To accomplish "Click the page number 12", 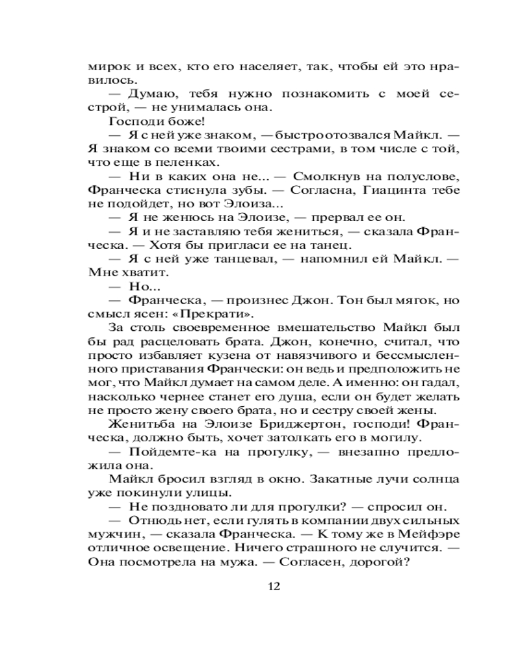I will (x=273, y=586).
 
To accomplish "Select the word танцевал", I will (x=243, y=259).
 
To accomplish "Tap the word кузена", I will (x=228, y=356).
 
